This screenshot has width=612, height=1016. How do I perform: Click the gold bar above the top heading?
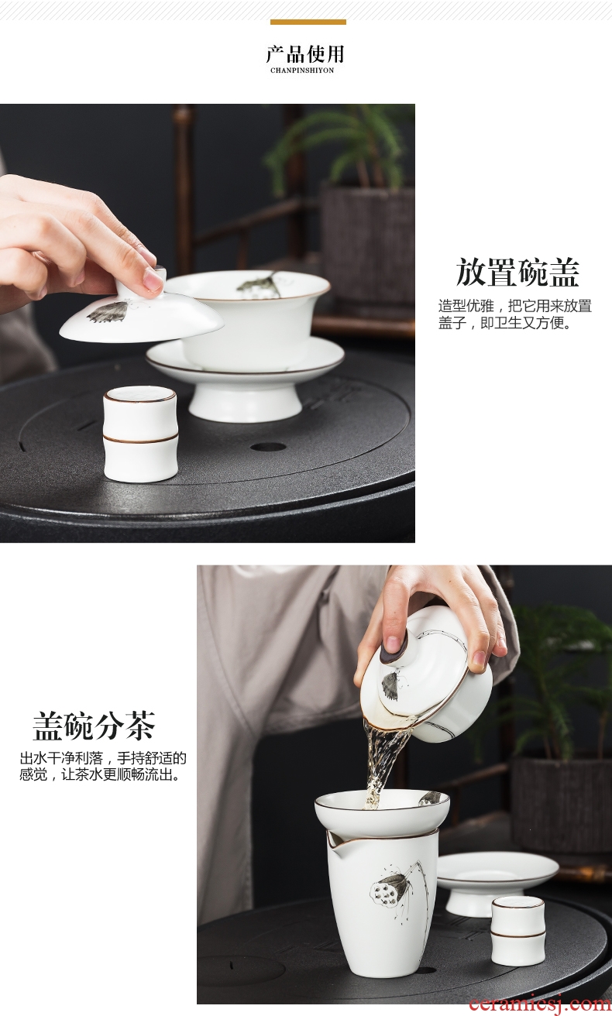[x=308, y=22]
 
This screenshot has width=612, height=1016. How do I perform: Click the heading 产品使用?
[x=304, y=54]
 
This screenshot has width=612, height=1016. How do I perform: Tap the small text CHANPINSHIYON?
[x=302, y=70]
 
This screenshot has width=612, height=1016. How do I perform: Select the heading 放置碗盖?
[x=517, y=273]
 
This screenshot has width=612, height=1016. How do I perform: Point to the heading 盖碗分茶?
[x=94, y=726]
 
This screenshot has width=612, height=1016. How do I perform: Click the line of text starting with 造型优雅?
[x=515, y=306]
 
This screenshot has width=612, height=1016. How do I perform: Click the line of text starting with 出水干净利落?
[x=103, y=757]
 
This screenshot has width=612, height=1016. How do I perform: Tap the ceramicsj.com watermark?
[x=540, y=1004]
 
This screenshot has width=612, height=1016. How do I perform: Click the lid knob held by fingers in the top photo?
[x=157, y=276]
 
